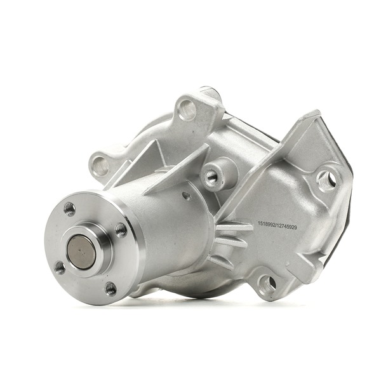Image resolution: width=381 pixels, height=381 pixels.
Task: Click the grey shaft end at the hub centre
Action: click(81, 252)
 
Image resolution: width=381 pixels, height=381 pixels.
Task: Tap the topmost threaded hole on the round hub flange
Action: click(70, 209)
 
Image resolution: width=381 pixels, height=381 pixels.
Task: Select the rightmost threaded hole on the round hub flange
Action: click(121, 231)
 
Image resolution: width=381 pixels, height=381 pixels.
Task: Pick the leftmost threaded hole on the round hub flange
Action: click(60, 267)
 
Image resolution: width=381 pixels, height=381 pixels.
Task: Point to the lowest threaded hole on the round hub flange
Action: click(111, 289)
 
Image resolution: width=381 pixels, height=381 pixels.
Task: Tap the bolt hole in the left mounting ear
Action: click(100, 166)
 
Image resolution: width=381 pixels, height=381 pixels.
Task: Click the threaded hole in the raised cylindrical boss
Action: click(210, 175)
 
